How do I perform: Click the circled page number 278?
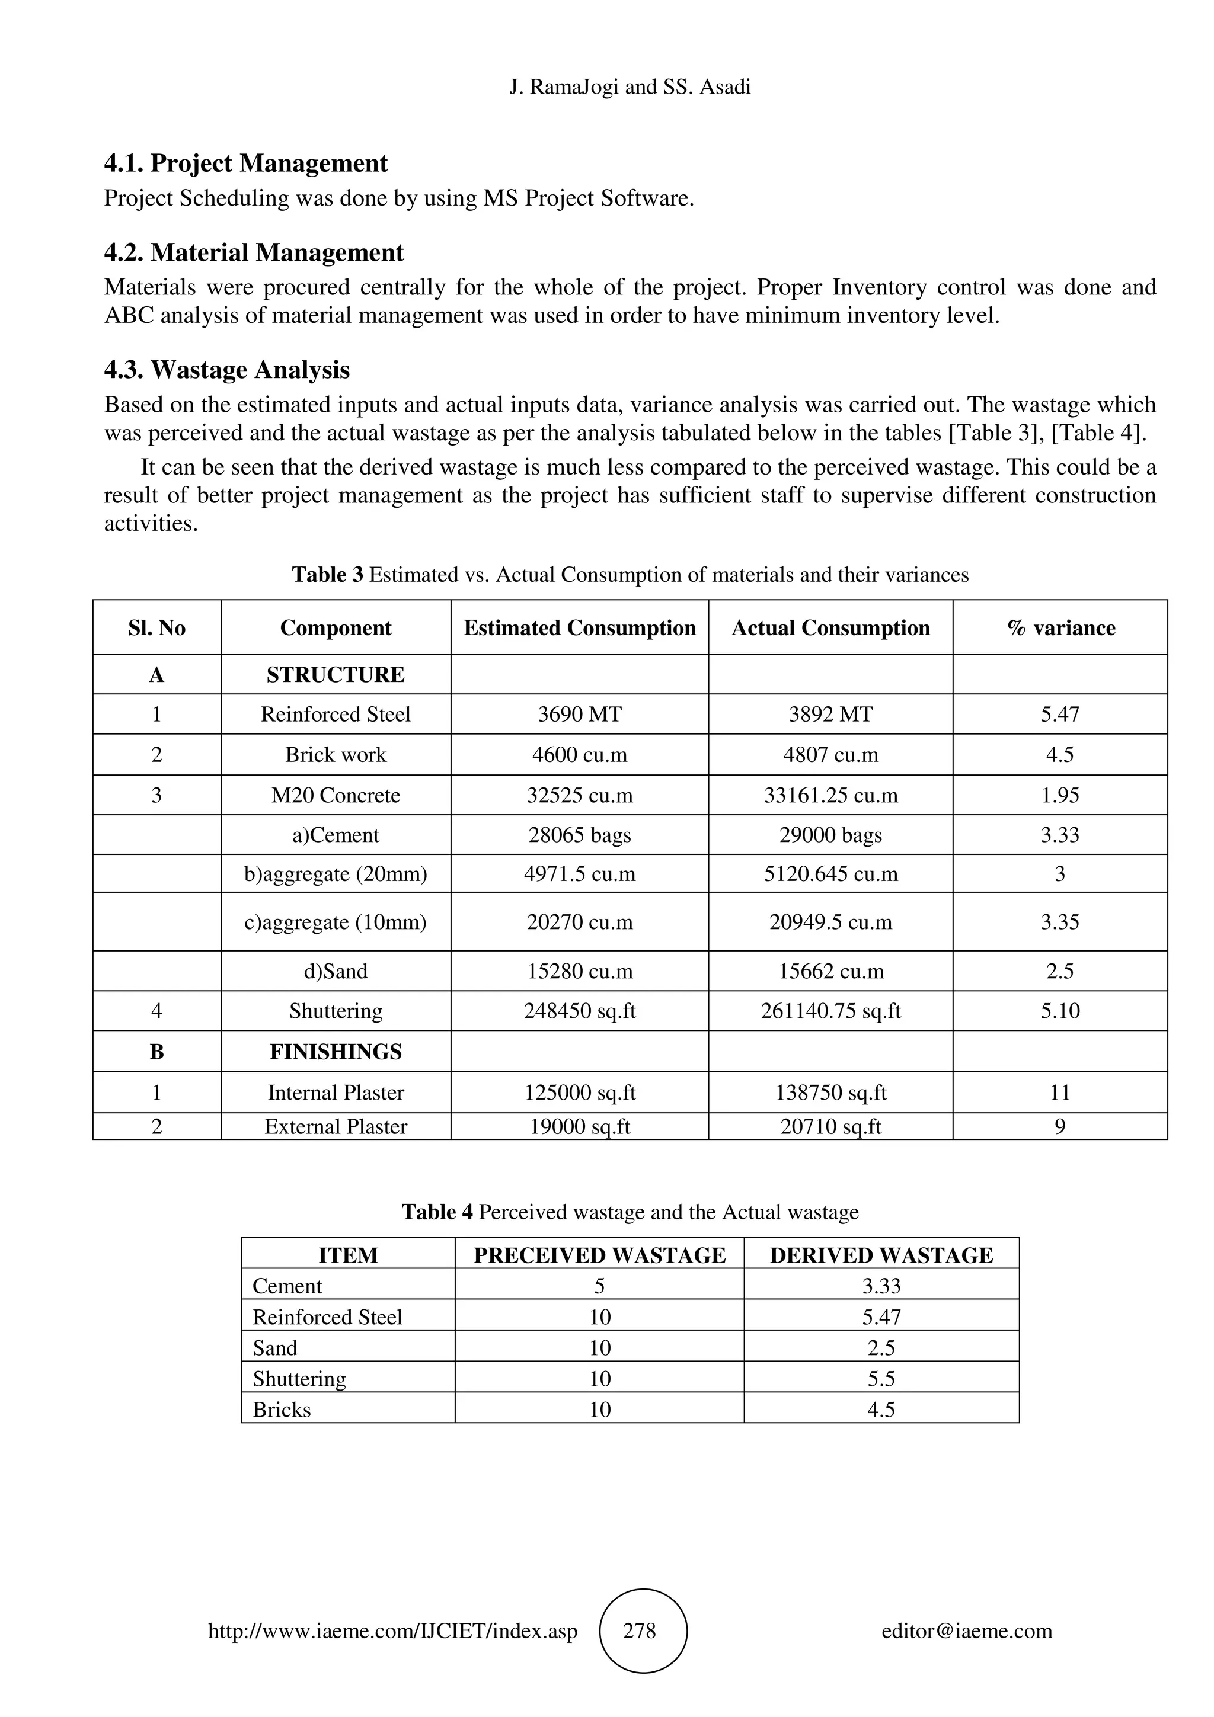coord(643,1630)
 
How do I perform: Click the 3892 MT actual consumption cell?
coord(830,714)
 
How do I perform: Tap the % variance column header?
coord(1060,627)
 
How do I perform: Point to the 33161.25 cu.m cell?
coord(830,795)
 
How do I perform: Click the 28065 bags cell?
coord(580,835)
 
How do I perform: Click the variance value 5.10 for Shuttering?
coord(1060,1011)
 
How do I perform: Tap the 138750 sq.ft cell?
coord(830,1093)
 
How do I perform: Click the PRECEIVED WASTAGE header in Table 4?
coord(599,1255)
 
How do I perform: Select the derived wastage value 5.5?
coord(881,1378)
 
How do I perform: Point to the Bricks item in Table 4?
coord(282,1409)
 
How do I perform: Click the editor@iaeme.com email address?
coord(966,1630)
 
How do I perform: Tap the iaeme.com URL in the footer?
coord(392,1630)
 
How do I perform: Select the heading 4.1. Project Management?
coord(245,163)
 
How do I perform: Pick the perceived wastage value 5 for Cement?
coord(599,1286)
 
